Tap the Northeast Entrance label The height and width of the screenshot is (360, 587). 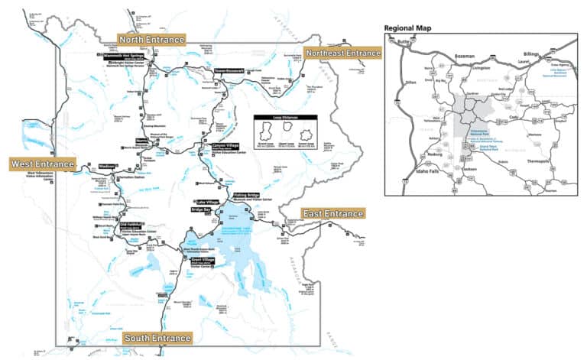coord(342,53)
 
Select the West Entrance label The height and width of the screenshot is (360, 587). coord(43,164)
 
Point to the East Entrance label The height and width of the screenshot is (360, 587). coord(332,213)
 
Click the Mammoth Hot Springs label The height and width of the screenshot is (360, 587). coord(123,56)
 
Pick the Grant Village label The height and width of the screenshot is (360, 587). coord(203,260)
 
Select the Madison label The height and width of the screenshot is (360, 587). coord(106,166)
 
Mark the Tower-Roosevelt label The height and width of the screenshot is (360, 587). coord(229,71)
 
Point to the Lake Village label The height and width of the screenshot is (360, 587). coord(207,202)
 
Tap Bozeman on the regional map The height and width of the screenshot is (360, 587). coord(465,56)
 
